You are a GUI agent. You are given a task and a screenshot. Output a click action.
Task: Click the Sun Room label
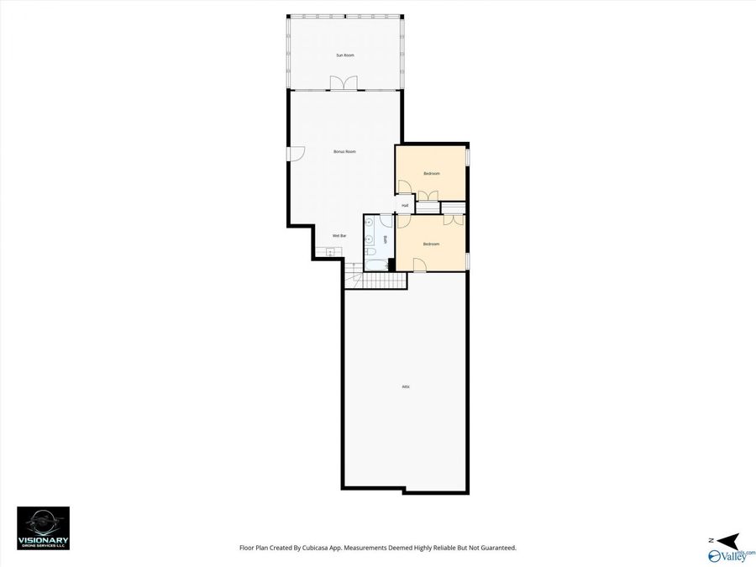pyautogui.click(x=344, y=55)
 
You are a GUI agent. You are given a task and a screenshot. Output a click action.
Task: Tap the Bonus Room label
pyautogui.click(x=344, y=151)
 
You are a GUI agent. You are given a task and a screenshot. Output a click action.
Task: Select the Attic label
pyautogui.click(x=406, y=386)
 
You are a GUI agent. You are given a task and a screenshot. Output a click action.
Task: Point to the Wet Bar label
pyautogui.click(x=339, y=235)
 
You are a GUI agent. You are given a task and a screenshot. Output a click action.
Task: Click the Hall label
pyautogui.click(x=405, y=205)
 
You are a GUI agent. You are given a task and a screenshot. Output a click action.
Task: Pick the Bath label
pyautogui.click(x=386, y=239)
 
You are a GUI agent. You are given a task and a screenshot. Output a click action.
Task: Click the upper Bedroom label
pyautogui.click(x=432, y=173)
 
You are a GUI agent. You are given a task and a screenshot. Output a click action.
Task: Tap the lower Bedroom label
pyautogui.click(x=432, y=244)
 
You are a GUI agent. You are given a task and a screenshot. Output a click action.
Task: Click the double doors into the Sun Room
pyautogui.click(x=344, y=83)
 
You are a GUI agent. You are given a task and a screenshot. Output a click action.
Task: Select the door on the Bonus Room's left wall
pyautogui.click(x=297, y=153)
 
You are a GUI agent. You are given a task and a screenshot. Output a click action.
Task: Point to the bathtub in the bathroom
pyautogui.click(x=375, y=266)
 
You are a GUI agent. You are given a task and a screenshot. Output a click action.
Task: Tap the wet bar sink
pyautogui.click(x=330, y=249)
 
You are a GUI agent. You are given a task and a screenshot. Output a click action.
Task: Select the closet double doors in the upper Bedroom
pyautogui.click(x=427, y=197)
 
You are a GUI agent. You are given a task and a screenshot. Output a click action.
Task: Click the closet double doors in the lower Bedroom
pyautogui.click(x=454, y=220)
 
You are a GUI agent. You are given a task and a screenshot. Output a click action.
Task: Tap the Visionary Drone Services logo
pyautogui.click(x=44, y=528)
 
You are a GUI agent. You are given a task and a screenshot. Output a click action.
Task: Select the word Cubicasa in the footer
pyautogui.click(x=325, y=548)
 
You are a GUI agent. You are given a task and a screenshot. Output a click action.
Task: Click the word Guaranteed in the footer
pyautogui.click(x=496, y=548)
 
